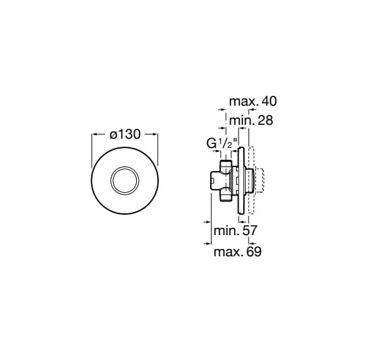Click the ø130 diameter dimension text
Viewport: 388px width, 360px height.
(124, 134)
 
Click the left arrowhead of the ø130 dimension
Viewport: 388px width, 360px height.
(93, 134)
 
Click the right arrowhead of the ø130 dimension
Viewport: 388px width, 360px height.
(156, 134)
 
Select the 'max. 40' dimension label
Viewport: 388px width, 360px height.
(252, 101)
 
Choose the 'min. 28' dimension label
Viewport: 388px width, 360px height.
(250, 120)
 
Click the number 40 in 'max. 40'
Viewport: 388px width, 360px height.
(268, 101)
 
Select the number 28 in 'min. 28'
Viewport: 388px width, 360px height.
(264, 120)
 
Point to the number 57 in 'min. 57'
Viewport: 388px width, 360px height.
(250, 231)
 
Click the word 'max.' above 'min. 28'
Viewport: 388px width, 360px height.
(243, 101)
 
